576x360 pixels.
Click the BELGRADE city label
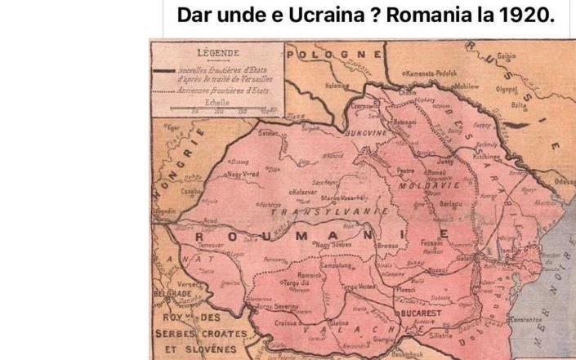point(172,293)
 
